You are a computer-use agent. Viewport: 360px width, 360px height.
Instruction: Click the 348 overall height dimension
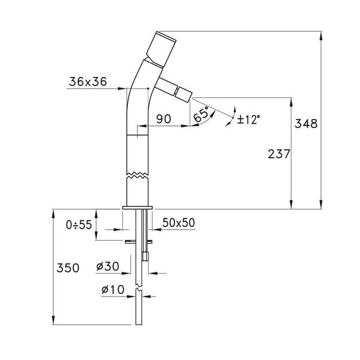305,124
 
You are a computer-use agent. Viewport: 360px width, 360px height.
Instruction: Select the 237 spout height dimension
279,154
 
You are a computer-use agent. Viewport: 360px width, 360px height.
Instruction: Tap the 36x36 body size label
88,83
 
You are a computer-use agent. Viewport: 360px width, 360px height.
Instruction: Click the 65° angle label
202,114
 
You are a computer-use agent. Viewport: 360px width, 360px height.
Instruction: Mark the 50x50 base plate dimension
179,223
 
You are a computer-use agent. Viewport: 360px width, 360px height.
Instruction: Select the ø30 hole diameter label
108,266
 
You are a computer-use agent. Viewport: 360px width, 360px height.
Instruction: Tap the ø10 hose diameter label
113,290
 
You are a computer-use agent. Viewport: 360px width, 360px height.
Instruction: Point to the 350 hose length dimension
68,268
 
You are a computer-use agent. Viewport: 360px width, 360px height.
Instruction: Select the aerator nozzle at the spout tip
182,94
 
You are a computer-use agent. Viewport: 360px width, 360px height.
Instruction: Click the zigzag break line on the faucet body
139,175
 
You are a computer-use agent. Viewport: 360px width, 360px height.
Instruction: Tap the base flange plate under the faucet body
139,208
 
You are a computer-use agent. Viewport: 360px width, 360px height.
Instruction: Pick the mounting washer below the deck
139,242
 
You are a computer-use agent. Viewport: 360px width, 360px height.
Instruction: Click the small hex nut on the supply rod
145,256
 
